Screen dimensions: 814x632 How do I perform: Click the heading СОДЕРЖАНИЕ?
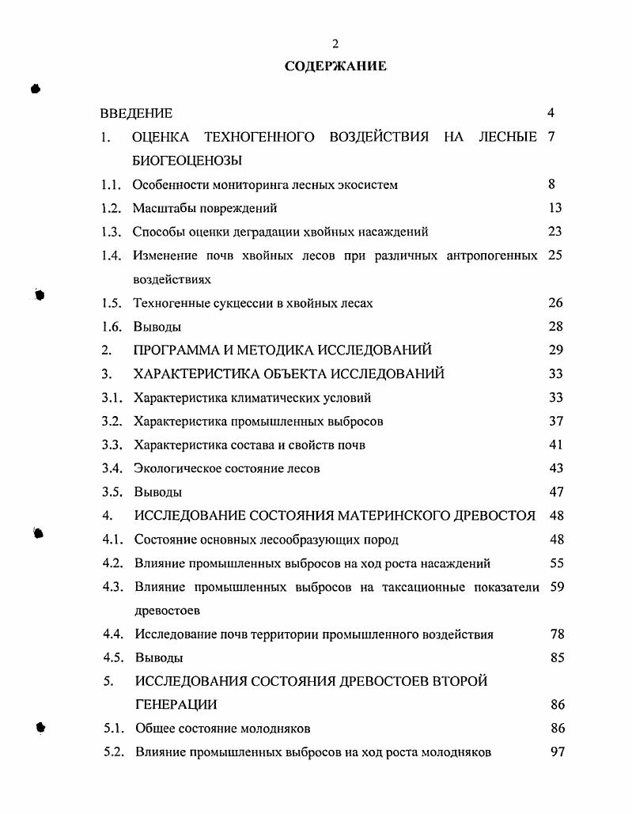(x=335, y=66)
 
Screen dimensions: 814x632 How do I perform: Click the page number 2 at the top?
(x=335, y=44)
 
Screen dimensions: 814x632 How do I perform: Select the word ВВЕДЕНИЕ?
(x=136, y=113)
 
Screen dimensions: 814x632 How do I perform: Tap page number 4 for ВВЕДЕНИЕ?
(x=551, y=113)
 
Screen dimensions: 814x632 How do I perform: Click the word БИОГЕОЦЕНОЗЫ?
(x=187, y=161)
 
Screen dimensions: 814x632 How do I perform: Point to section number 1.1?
(x=110, y=184)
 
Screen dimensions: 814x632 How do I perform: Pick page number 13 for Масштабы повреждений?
(x=554, y=208)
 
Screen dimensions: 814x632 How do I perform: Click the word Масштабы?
(x=161, y=208)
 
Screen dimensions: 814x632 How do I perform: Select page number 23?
(x=554, y=232)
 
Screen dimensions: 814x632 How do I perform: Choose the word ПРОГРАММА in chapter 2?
(x=175, y=350)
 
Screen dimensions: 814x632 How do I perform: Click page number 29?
(x=555, y=350)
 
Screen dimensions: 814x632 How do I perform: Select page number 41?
(x=555, y=445)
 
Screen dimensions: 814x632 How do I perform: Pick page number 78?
(x=557, y=634)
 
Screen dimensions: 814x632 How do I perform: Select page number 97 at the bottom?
(x=557, y=752)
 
